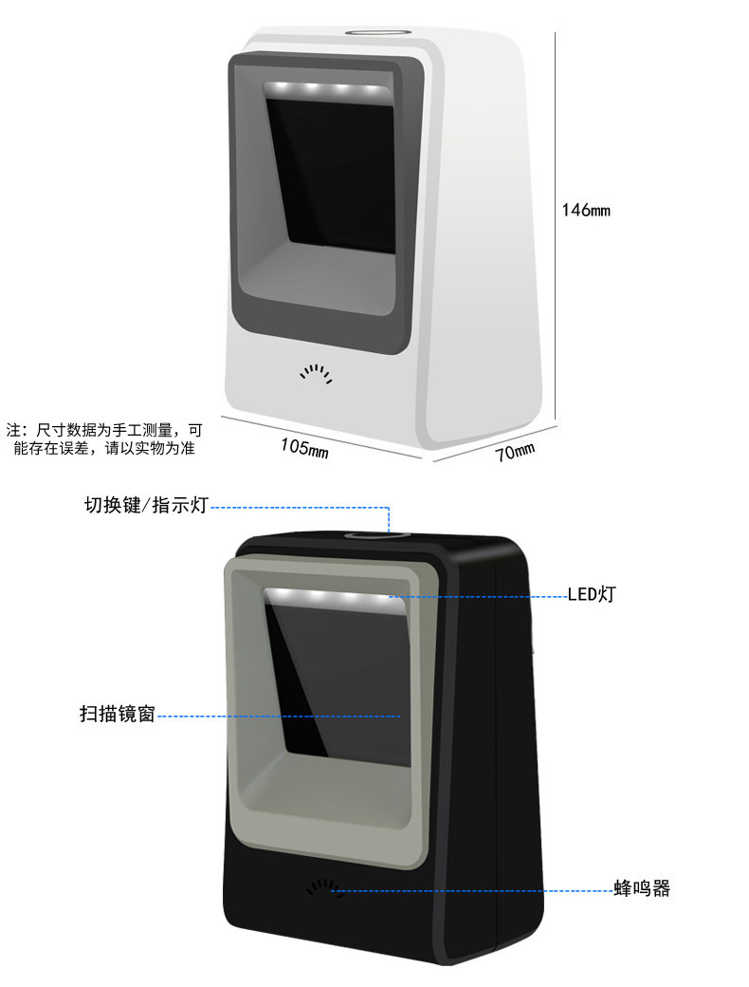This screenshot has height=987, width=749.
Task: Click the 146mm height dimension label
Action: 586,210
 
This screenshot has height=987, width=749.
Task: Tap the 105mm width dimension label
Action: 304,446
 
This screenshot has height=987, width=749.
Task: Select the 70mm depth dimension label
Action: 516,451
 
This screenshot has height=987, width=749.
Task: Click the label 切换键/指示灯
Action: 145,505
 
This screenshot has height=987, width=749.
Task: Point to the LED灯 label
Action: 593,595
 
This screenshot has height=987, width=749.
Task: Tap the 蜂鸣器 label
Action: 642,888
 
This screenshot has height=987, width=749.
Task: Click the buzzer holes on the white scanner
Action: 317,372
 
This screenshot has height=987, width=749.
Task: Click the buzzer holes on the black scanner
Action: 323,888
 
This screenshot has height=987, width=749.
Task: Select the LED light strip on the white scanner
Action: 327,91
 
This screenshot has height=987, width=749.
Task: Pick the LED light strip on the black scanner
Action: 328,599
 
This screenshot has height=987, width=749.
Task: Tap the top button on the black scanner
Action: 377,536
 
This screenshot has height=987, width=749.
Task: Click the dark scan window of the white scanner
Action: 332,180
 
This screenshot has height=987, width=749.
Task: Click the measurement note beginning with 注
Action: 104,438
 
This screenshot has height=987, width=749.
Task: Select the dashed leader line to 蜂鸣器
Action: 474,890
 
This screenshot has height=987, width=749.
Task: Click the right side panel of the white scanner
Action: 484,237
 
